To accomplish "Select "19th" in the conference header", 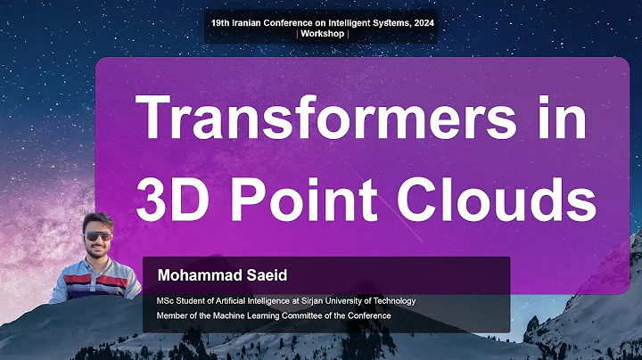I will (221, 21).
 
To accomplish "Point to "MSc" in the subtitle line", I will (166, 300).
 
